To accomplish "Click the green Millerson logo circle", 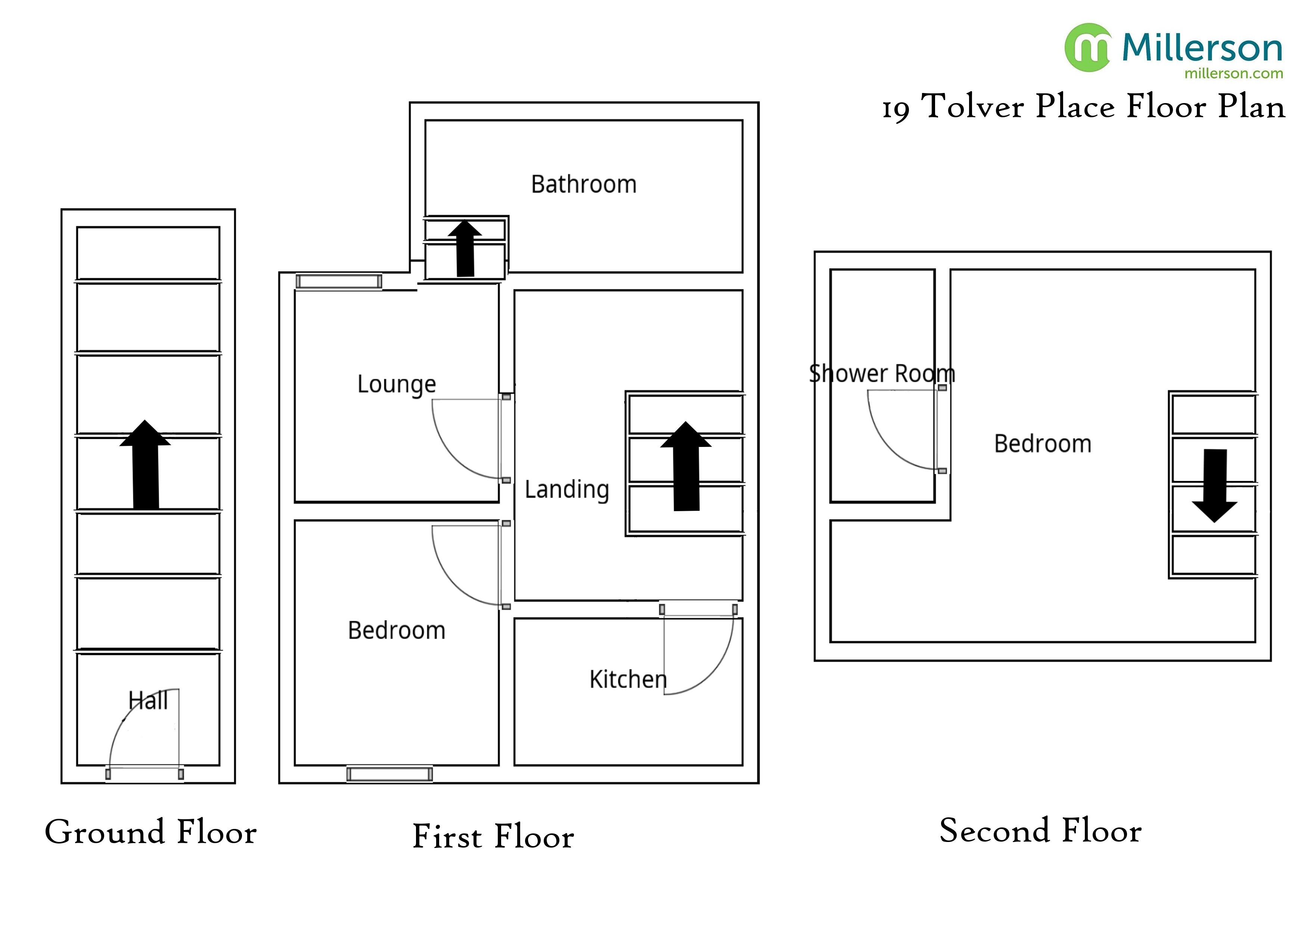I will click(1087, 47).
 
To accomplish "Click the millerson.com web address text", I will click(1233, 74).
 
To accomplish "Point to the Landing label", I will click(566, 490).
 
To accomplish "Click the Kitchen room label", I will click(628, 680).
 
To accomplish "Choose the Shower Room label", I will click(882, 374).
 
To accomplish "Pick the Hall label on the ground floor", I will click(148, 700).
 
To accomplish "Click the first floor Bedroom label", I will click(397, 630).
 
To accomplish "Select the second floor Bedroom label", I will click(1042, 444).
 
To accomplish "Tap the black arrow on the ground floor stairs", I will click(146, 465).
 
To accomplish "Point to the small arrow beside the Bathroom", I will click(465, 249).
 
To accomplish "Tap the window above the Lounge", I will click(339, 281).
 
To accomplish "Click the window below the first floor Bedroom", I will click(390, 774).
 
